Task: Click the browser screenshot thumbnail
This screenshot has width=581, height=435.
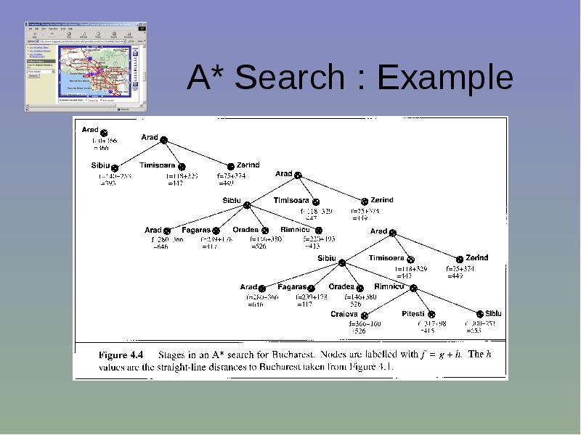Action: click(85, 66)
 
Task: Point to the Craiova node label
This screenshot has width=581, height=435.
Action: click(344, 314)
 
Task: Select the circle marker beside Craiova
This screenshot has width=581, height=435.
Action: click(365, 316)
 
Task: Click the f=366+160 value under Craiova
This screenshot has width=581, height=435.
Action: click(365, 323)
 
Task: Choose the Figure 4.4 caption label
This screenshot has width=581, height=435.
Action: click(121, 355)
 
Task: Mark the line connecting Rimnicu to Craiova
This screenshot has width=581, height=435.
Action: click(389, 302)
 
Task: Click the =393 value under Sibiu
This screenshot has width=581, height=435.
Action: click(107, 183)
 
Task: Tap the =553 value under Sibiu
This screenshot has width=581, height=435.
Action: click(474, 331)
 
